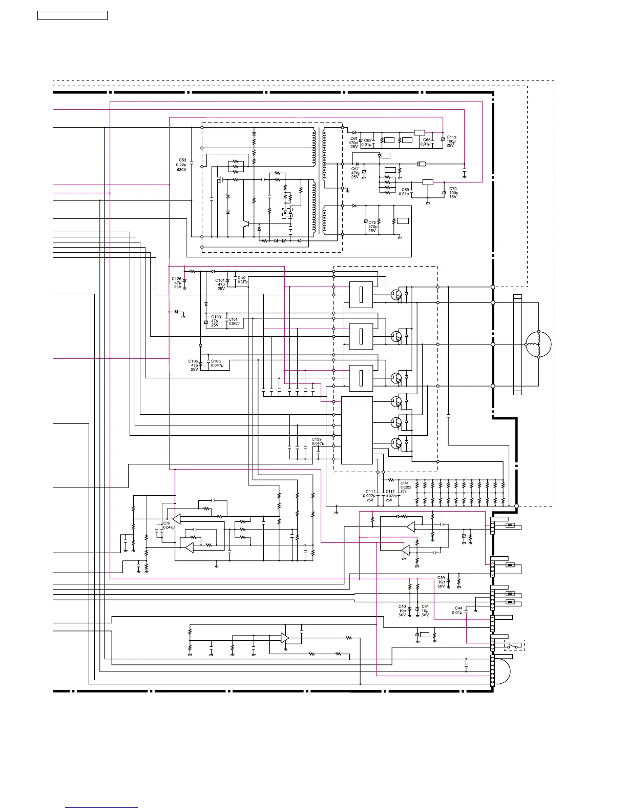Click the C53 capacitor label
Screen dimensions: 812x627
(x=181, y=160)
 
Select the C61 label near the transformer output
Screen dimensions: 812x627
(x=354, y=138)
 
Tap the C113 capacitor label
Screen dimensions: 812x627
(x=451, y=137)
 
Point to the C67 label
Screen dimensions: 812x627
(x=355, y=169)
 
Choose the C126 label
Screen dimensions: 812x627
(x=176, y=279)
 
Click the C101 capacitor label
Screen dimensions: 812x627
(x=220, y=281)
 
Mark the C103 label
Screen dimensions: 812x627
(x=216, y=317)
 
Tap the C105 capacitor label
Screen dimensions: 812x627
(x=193, y=361)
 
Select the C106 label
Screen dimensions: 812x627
(x=216, y=361)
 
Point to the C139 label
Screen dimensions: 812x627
(x=317, y=440)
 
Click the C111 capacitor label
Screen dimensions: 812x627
(x=370, y=492)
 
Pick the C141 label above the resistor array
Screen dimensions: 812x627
(x=405, y=483)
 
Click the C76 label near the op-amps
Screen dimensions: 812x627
(x=167, y=523)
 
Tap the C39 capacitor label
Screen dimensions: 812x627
(x=441, y=578)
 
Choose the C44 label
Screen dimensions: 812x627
(x=458, y=608)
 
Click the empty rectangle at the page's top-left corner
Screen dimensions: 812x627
(x=72, y=15)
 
